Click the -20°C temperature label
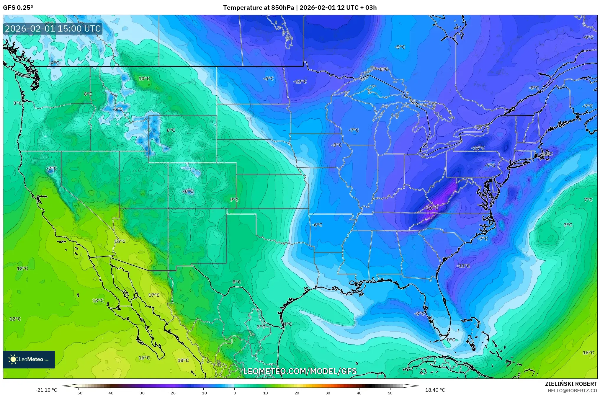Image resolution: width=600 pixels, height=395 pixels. pos(431,208)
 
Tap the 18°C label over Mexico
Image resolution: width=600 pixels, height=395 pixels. pos(183,360)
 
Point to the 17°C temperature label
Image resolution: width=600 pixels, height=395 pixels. pos(154,295)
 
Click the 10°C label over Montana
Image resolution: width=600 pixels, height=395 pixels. pos(144,79)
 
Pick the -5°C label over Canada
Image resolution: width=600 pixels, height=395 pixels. pos(400,47)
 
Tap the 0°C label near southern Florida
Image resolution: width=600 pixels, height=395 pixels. pos(451,340)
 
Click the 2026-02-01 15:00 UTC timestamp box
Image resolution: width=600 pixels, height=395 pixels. pos(53,29)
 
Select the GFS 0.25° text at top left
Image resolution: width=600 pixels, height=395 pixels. pos(18,8)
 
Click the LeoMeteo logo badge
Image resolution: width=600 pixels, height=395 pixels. pos(29,359)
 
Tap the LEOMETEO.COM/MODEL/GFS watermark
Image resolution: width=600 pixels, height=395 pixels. pos(300,371)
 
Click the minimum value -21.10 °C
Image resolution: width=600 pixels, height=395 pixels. pos(46,390)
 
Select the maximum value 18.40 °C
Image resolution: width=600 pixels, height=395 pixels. pos(435,390)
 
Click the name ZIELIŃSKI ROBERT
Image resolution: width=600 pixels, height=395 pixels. pos(571,384)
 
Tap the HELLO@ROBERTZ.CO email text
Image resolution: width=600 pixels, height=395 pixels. pos(572,391)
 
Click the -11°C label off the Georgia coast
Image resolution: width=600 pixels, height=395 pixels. pos(463,266)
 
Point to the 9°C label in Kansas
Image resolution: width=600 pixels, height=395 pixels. pos(234,200)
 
